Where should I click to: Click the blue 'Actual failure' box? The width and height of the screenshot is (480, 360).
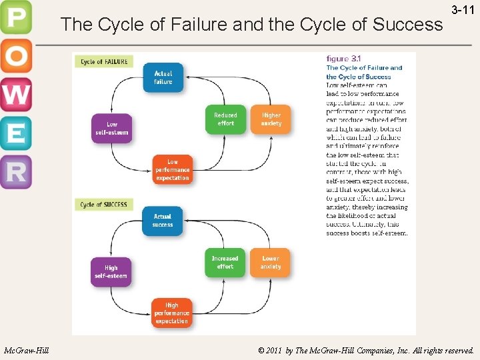point(163,77)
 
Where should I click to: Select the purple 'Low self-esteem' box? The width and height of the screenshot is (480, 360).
point(112,128)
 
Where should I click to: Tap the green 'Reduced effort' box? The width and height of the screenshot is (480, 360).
point(225,119)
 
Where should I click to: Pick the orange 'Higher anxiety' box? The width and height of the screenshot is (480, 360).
point(271,119)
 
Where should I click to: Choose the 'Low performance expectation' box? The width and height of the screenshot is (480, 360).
point(173,170)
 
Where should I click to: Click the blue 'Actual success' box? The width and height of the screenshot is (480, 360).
point(163,221)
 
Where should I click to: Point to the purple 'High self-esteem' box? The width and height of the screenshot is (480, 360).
point(111,272)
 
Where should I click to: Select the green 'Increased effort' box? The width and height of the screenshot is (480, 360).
point(225,263)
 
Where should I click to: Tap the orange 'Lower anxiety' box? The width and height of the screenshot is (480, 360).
point(271,263)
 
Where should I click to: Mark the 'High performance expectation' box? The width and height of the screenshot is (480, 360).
point(172,313)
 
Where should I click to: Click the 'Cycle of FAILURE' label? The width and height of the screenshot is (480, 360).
point(105,61)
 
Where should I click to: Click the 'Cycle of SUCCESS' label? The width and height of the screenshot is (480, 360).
point(105,205)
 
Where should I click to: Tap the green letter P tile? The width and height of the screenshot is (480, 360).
point(15,19)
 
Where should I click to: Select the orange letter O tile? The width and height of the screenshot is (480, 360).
point(15,57)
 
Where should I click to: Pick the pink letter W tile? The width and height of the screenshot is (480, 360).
point(15,95)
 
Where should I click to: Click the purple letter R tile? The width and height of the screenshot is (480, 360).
point(15,172)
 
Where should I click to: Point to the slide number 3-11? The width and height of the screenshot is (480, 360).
point(463,11)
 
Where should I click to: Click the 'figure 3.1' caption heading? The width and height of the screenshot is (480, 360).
point(343,59)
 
